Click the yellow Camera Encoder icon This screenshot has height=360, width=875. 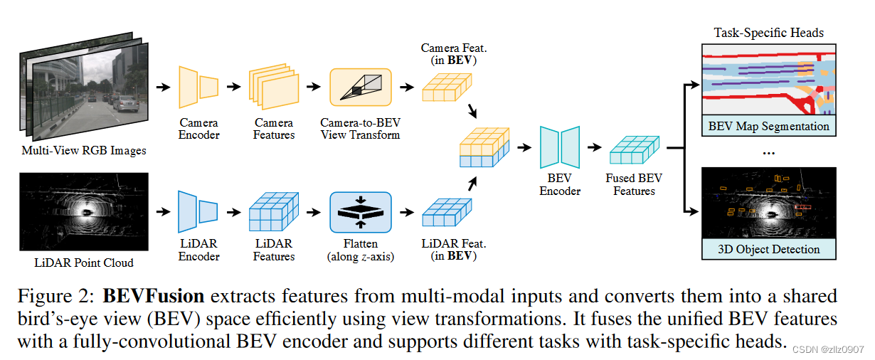[198, 87]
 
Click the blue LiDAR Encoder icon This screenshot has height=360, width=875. [198, 211]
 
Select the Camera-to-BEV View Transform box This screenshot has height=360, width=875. [360, 88]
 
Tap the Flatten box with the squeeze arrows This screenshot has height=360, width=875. [360, 212]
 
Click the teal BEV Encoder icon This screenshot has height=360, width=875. [560, 147]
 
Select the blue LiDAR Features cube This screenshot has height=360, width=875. [274, 212]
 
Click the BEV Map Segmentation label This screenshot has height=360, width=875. [769, 127]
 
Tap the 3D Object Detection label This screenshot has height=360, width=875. [769, 249]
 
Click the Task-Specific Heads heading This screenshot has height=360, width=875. [769, 33]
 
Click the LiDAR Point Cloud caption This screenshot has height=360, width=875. [84, 263]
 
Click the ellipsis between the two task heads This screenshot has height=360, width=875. [769, 152]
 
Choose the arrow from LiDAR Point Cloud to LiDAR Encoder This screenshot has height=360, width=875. [163, 212]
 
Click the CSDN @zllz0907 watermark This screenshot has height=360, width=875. [828, 349]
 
